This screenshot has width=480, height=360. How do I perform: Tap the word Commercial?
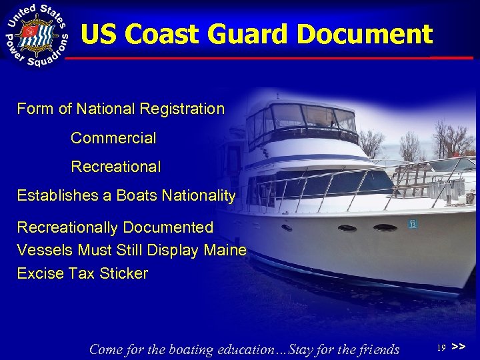pos(113,139)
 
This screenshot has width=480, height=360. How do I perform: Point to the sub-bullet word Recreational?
pos(115,167)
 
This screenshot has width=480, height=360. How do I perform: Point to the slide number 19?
pos(441,348)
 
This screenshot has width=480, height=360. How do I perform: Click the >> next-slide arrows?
pos(459,347)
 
